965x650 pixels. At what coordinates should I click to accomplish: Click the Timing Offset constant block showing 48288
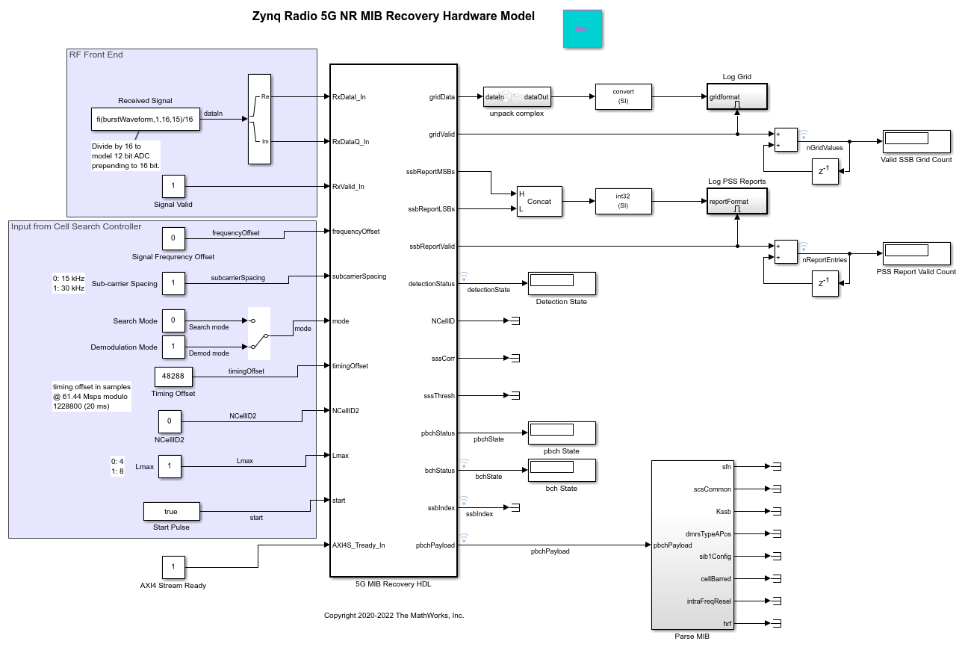[174, 377]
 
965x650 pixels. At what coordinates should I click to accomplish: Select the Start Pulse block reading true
[171, 511]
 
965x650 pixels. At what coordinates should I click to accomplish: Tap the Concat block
[539, 201]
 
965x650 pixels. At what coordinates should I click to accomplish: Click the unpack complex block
[517, 97]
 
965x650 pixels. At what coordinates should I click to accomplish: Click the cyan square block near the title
[583, 29]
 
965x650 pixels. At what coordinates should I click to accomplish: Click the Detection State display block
[561, 283]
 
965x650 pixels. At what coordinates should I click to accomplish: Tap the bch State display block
[561, 470]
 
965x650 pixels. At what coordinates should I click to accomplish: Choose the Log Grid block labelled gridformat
[736, 96]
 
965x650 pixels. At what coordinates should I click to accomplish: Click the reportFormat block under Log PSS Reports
[736, 201]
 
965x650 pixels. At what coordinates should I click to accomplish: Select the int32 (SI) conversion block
[623, 201]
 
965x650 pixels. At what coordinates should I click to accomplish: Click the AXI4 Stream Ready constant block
[173, 567]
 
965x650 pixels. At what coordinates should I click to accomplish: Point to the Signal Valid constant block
[173, 186]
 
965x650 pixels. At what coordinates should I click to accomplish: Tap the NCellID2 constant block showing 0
[169, 421]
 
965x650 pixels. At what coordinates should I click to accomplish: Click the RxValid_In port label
[349, 187]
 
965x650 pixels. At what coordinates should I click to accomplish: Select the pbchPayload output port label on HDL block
[435, 545]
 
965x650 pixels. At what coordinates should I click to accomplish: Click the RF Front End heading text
[96, 55]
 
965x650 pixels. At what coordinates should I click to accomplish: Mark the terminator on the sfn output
[776, 467]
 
